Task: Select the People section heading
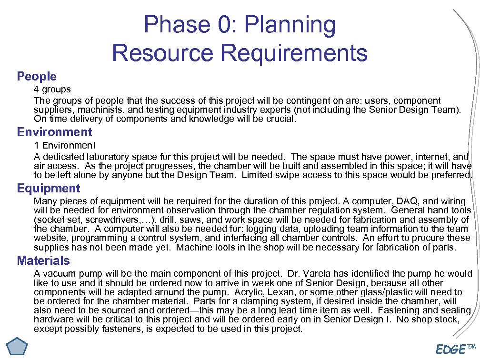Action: click(37, 76)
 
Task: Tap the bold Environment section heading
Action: click(54, 132)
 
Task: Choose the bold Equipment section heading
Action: click(49, 188)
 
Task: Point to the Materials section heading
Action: click(43, 260)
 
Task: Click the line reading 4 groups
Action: click(52, 90)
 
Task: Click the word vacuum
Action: click(58, 274)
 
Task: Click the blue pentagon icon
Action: click(17, 346)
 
